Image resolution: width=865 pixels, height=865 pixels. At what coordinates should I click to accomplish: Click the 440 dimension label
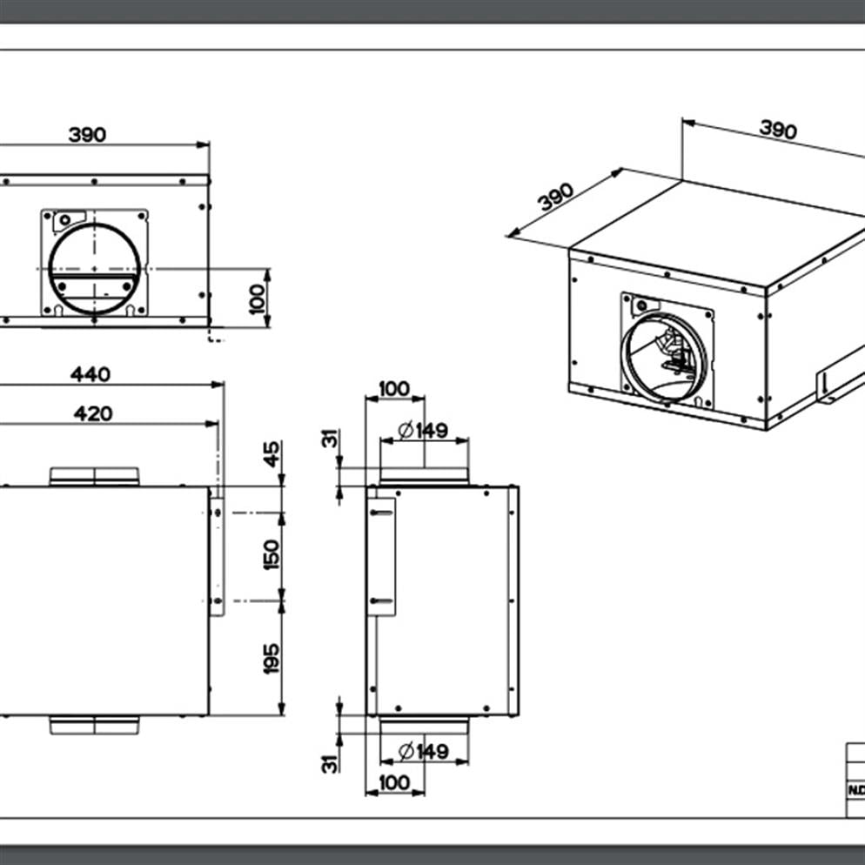91,374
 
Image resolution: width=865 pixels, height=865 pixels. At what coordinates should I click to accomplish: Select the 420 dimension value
92,412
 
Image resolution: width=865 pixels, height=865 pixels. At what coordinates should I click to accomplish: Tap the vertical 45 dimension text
272,454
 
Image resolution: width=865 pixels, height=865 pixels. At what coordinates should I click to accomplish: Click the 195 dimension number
272,658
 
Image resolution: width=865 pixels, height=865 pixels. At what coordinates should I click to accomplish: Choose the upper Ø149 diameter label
423,430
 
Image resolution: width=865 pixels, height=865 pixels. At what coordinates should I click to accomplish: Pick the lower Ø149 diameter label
423,750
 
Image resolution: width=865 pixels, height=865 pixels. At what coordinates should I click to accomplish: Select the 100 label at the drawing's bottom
394,782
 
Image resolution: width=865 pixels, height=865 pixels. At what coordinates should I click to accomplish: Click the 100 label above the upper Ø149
394,388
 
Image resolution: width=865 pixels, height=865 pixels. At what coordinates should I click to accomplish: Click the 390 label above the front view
87,135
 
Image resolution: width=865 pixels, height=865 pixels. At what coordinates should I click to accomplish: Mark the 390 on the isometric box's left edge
556,197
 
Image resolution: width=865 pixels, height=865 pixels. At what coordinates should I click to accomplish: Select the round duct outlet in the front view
94,267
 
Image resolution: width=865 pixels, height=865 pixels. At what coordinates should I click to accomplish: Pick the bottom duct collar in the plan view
94,724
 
